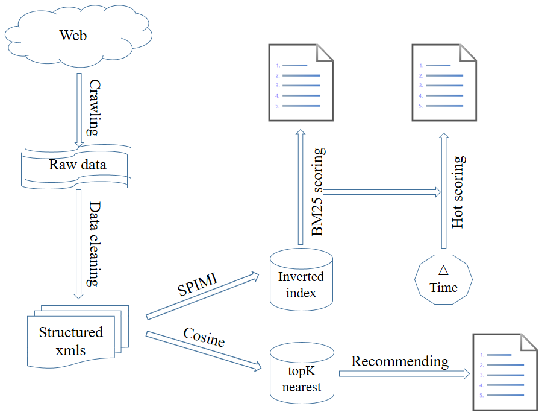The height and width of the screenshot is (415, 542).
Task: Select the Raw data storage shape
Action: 76,164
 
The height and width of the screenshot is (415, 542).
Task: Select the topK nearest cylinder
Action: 302,373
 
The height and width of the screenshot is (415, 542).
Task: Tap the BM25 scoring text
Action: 318,192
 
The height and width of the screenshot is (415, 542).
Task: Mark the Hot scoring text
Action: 458,192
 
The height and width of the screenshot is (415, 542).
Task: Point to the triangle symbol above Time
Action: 444,270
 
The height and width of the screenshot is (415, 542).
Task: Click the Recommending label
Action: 400,361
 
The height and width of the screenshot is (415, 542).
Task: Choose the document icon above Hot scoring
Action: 444,83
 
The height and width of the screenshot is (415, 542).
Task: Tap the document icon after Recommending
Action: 505,372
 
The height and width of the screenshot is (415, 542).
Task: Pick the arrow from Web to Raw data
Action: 79,109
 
